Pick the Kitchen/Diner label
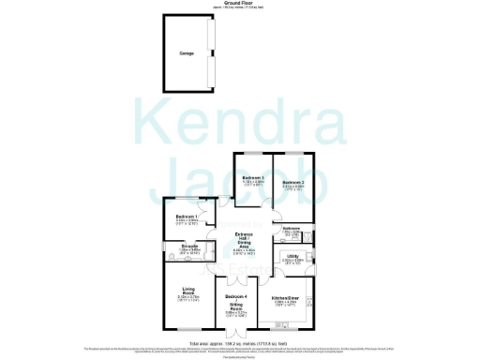point(285,298)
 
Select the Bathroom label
point(291,227)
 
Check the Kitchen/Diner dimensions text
point(285,304)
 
